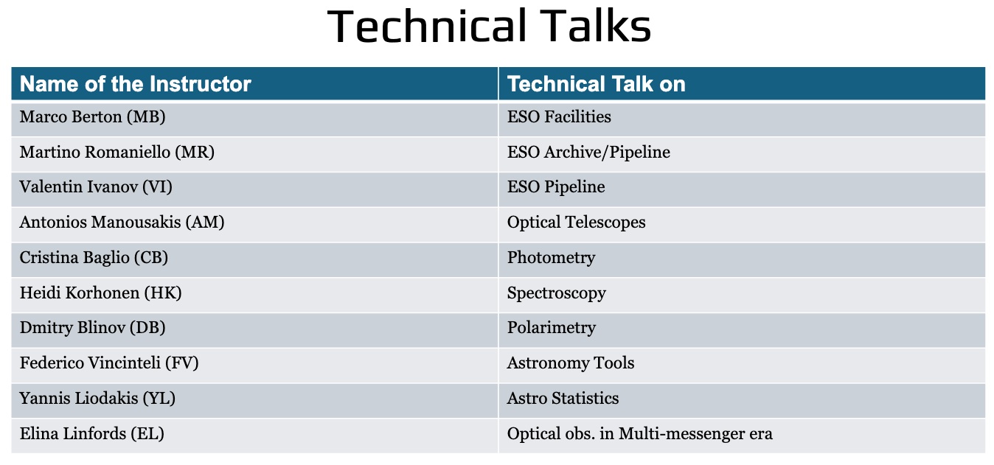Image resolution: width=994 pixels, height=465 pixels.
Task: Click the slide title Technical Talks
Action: (489, 26)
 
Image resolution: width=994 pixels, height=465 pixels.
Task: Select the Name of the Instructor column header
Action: (136, 84)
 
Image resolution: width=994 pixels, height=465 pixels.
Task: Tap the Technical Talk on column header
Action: (596, 84)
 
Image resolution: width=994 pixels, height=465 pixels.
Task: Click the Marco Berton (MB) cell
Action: (92, 117)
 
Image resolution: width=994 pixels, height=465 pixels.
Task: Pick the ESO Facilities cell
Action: (559, 117)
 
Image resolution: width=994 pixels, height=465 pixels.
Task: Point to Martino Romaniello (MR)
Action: (117, 152)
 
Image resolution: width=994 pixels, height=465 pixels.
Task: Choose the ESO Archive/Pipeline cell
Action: (588, 152)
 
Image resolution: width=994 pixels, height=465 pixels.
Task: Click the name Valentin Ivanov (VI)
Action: (96, 187)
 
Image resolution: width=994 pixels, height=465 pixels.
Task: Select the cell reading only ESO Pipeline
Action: (556, 187)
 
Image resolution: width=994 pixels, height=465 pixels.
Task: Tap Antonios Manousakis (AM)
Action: (122, 222)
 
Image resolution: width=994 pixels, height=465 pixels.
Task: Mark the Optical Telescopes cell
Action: (577, 222)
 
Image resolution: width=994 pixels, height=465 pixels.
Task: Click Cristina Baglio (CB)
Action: (94, 257)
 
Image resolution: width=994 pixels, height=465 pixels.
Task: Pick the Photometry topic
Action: (551, 257)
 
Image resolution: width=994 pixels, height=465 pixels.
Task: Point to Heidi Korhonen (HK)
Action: (101, 293)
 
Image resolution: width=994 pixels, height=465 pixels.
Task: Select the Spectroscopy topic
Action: (557, 293)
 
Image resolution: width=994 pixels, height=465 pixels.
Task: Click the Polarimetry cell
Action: (552, 328)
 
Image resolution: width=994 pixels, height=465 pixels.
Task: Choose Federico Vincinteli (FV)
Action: (109, 363)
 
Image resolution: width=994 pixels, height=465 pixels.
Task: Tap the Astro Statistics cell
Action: (563, 398)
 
